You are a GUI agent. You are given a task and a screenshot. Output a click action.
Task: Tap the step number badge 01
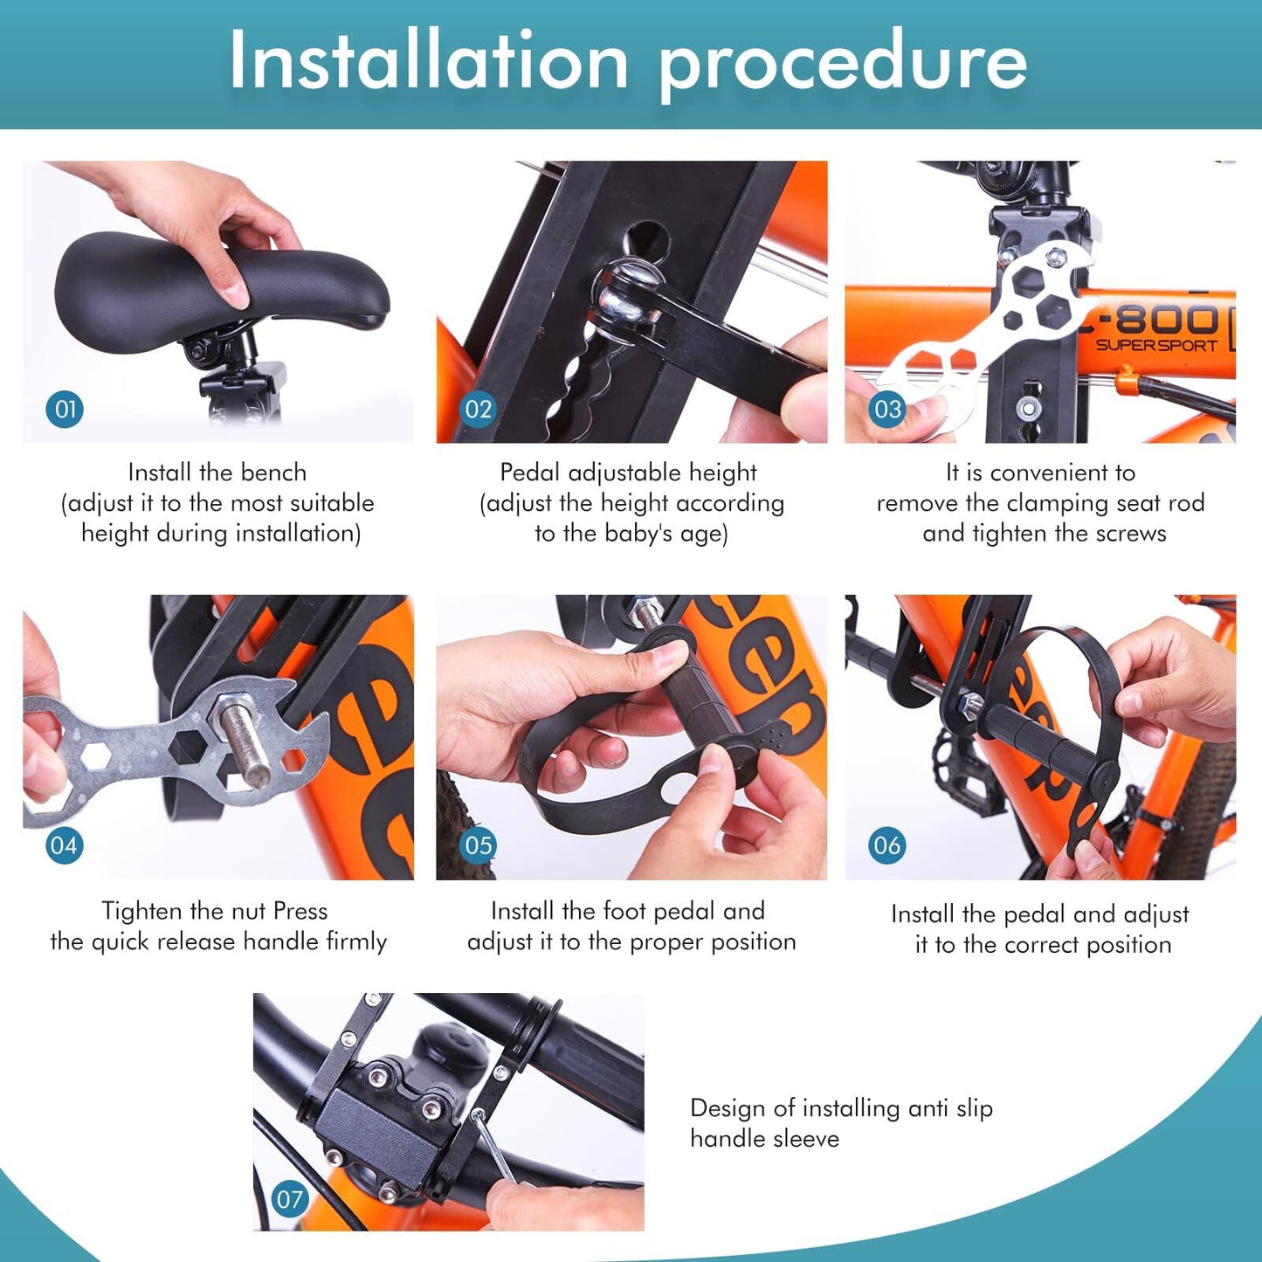tap(65, 410)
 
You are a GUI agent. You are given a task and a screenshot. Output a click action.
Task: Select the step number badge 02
tap(478, 410)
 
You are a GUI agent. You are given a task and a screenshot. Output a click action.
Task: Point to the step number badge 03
tap(887, 410)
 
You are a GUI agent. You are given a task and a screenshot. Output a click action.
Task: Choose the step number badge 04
tap(64, 845)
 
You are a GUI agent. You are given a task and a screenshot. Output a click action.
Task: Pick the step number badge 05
tap(478, 845)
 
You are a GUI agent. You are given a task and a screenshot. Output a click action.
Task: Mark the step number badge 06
tap(887, 845)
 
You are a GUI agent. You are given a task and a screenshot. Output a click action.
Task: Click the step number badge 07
tap(290, 1199)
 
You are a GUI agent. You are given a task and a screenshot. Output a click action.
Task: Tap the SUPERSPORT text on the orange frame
tap(1156, 345)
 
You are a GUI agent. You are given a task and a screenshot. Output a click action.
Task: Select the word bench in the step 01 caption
tap(273, 472)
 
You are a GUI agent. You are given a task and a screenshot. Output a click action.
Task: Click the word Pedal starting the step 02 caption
tap(530, 472)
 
